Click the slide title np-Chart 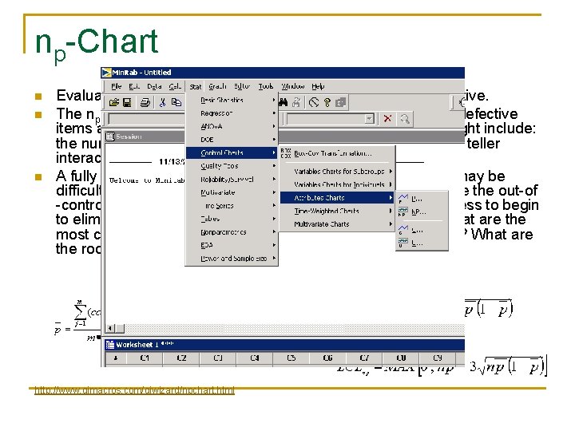click(97, 42)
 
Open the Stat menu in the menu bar click(196, 86)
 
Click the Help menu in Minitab click(318, 86)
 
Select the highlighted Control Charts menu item click(223, 152)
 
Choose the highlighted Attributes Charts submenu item click(319, 197)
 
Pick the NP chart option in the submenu click(416, 212)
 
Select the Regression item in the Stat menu click(216, 113)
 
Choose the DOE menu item click(207, 139)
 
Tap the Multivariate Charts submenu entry click(321, 224)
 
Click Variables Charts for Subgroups click(339, 171)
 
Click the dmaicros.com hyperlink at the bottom click(134, 389)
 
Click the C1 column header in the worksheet click(145, 358)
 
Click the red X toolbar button click(387, 118)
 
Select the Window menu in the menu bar click(293, 86)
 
